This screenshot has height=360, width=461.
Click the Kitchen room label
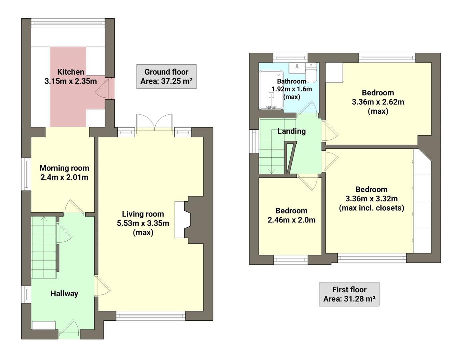click(71, 72)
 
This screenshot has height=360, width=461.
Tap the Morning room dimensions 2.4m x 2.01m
click(64, 177)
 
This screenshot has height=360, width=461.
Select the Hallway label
click(64, 294)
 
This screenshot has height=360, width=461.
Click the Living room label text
click(143, 214)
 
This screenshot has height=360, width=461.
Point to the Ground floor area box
click(166, 76)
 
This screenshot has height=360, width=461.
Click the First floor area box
click(349, 294)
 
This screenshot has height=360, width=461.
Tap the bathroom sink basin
click(296, 68)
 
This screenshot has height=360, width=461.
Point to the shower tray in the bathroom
click(271, 90)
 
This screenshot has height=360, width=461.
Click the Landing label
click(291, 131)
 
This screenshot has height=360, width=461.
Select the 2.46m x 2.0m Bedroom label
click(291, 215)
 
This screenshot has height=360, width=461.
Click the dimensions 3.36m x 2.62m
click(378, 102)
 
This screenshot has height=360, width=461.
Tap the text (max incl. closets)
click(371, 208)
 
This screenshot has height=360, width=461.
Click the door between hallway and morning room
click(74, 207)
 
